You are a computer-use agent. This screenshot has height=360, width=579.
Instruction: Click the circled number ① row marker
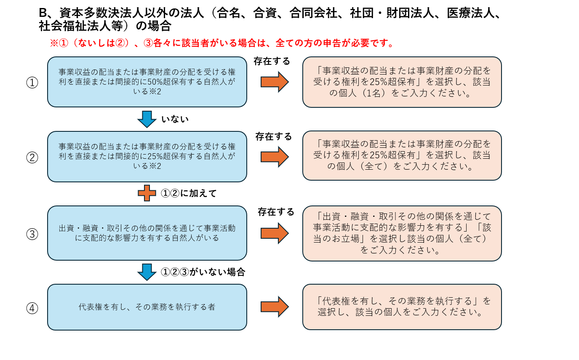coord(32,83)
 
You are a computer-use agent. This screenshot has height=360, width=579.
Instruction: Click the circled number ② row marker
coord(32,157)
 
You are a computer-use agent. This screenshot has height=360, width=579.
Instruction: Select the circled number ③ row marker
coord(32,234)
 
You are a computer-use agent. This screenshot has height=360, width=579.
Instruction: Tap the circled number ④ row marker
coord(32,308)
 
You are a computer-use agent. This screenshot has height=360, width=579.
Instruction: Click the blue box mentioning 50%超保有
coord(147,82)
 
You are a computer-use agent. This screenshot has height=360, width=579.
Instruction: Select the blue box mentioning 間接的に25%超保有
coord(147,157)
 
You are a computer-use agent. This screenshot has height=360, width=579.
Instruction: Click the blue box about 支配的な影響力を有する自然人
coord(147,233)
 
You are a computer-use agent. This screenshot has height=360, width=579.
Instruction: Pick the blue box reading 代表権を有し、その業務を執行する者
coord(147,307)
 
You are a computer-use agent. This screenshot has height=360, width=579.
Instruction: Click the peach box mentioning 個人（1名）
coord(402,82)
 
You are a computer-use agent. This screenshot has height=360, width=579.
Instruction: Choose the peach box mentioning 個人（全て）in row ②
coord(402,155)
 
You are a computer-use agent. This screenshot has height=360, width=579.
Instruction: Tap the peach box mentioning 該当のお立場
coord(402,233)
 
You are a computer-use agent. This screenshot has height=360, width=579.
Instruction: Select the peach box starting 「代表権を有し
coord(402,307)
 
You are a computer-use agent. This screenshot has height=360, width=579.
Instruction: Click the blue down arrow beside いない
coord(147,119)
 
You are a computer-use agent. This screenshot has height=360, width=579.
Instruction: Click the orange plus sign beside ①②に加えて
coord(147,193)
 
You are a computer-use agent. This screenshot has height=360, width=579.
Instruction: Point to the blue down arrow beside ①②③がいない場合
coord(147,272)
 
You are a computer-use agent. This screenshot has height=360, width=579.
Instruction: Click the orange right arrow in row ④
coord(275,307)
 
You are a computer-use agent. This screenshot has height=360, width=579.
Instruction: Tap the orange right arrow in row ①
coord(275,82)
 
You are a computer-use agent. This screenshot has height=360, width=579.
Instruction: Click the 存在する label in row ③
coord(276,212)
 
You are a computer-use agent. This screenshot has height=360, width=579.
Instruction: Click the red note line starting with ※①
coord(221,43)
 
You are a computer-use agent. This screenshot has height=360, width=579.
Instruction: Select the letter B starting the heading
coord(43,13)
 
